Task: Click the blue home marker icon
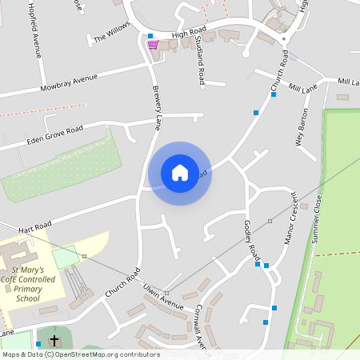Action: coord(179,173)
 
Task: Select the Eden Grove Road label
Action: coord(54,134)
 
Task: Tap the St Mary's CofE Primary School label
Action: coord(32,284)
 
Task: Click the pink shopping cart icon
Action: coord(152,45)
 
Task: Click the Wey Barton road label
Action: coord(302,128)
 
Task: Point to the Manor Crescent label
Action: coord(291,218)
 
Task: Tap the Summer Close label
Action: coord(318,213)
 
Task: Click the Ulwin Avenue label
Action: coord(163,295)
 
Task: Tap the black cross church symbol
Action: coord(54,341)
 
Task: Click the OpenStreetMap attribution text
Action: coord(80,354)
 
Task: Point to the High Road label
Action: coord(189,32)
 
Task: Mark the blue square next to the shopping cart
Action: coord(150,36)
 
